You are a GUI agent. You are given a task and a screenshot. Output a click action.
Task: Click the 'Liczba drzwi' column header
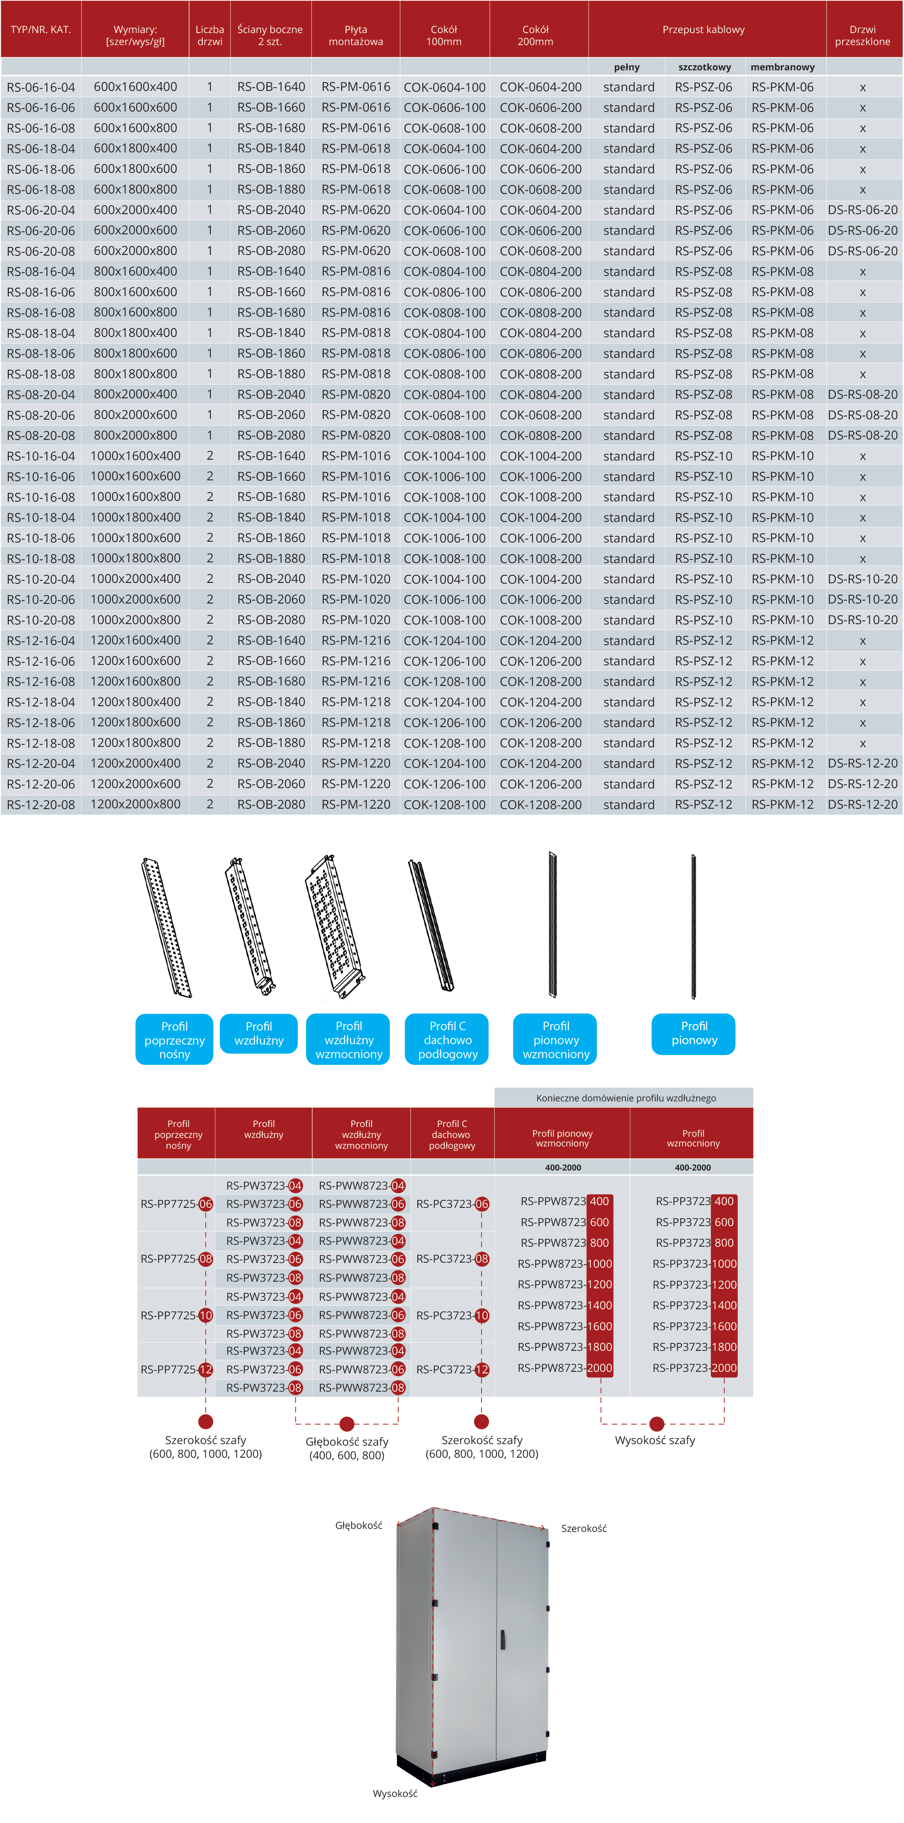click(209, 35)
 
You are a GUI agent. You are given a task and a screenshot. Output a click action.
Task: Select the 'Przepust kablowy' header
click(703, 30)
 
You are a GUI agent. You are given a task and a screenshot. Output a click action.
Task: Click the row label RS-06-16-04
click(41, 87)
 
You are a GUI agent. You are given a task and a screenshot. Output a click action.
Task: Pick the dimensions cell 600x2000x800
click(135, 251)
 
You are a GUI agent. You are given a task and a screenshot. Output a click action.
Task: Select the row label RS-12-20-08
click(41, 805)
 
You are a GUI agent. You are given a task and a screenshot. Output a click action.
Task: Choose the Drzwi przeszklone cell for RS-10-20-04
click(862, 579)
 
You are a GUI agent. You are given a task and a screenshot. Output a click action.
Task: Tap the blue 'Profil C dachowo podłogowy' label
click(448, 1040)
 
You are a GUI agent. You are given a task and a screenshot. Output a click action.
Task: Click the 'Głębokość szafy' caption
click(347, 1441)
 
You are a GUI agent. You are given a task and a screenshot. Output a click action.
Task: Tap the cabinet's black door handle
click(502, 1639)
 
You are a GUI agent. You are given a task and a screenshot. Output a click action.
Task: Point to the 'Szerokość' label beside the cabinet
click(584, 1528)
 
